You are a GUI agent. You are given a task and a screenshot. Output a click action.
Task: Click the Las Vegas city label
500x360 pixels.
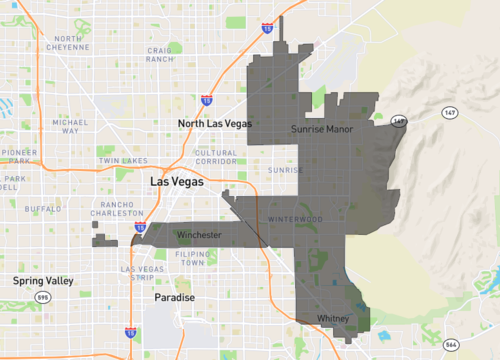tap(175, 183)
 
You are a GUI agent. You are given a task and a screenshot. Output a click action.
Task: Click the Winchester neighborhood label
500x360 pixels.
tap(198, 235)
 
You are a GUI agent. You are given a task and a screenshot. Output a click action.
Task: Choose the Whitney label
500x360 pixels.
tap(331, 318)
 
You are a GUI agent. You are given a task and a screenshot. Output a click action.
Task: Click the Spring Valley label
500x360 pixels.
tap(41, 281)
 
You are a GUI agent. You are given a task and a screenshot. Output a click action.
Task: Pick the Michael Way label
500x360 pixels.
tap(72, 126)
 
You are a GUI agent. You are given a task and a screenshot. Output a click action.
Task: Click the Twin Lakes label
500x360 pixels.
tap(122, 160)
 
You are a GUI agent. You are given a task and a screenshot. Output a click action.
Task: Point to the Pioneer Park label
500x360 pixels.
tap(18, 160)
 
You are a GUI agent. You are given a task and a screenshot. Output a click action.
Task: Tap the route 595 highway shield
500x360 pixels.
tap(42, 298)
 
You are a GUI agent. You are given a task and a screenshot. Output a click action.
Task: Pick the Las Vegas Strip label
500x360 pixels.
tap(141, 274)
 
